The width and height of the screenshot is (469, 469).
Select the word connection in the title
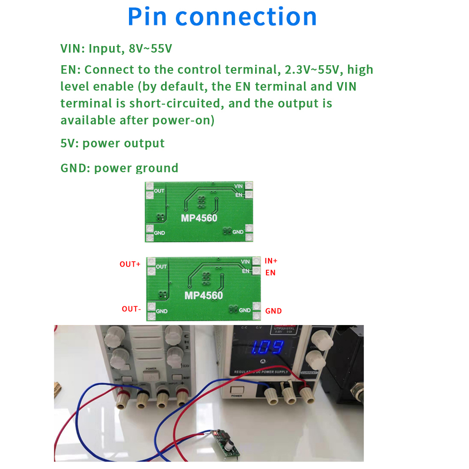246,17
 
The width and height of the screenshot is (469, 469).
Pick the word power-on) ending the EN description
183,120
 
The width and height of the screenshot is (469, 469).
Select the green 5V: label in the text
69,143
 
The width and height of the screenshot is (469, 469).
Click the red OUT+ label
130,264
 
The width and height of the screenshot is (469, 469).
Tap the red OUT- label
131,309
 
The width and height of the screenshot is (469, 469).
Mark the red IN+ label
271,261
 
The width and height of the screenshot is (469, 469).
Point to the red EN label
271,272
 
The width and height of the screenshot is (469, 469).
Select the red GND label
273,310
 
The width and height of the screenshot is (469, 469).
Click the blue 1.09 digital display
267,348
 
